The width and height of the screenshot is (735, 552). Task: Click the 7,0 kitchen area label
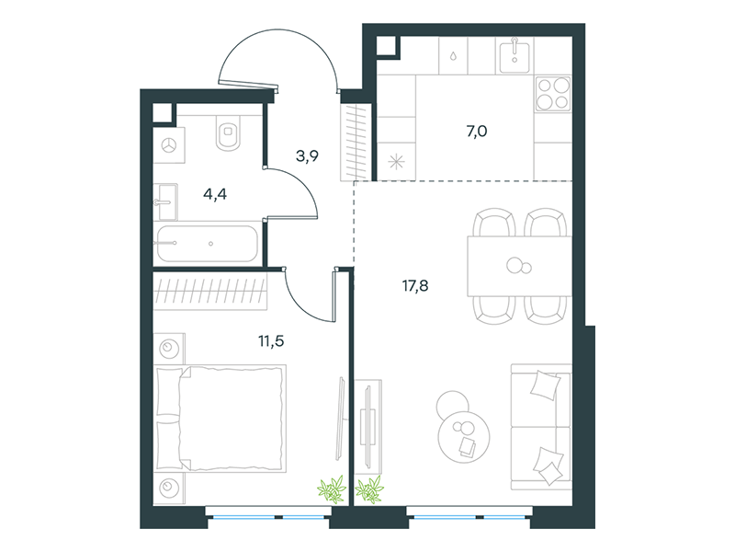(x=477, y=132)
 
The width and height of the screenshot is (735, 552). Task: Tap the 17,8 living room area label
(x=415, y=285)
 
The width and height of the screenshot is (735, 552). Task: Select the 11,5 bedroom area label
(x=271, y=341)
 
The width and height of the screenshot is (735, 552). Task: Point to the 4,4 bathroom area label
(x=215, y=194)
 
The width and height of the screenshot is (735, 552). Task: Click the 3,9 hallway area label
(x=308, y=155)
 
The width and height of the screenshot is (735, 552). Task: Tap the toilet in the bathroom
(x=228, y=132)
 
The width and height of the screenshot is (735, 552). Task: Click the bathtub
(x=208, y=244)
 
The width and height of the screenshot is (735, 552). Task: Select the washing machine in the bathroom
(x=169, y=145)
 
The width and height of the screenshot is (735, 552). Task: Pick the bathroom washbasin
(x=165, y=201)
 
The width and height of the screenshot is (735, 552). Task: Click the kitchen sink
(x=514, y=55)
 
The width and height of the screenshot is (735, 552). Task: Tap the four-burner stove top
(x=553, y=94)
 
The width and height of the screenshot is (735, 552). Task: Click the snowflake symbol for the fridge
(x=397, y=163)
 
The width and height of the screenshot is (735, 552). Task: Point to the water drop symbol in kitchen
(x=453, y=56)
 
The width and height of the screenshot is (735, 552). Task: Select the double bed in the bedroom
(x=220, y=419)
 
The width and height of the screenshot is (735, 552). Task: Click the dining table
(x=519, y=266)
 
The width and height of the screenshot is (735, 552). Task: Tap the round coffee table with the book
(x=464, y=437)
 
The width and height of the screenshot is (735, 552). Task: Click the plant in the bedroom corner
(x=332, y=489)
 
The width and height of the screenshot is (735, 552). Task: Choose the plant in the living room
(x=370, y=489)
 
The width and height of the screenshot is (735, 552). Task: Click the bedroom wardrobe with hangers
(x=210, y=291)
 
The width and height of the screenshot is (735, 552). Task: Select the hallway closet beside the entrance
(x=356, y=143)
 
